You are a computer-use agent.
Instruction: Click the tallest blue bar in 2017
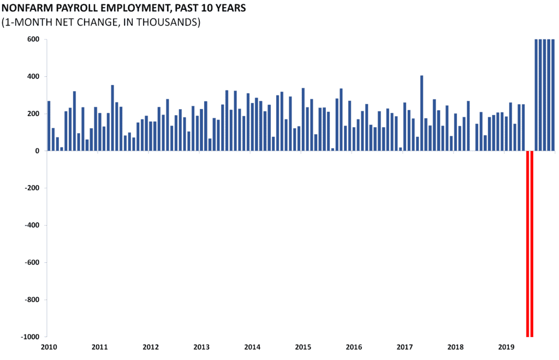click(x=422, y=113)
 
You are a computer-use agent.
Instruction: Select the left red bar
click(x=528, y=244)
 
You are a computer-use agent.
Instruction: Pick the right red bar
click(x=532, y=244)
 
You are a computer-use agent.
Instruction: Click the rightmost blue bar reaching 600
click(x=553, y=95)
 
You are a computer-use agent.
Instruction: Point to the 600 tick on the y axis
click(x=33, y=39)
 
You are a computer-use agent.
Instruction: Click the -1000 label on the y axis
click(x=31, y=337)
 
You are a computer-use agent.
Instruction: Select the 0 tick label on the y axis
click(x=38, y=151)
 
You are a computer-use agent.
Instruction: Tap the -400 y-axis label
click(x=32, y=225)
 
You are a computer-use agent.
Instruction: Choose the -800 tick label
click(x=32, y=300)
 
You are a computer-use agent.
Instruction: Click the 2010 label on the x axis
click(x=49, y=347)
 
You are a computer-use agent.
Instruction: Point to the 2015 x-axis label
click(x=303, y=347)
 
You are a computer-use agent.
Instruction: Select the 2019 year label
click(x=506, y=347)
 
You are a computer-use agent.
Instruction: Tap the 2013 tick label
click(x=201, y=347)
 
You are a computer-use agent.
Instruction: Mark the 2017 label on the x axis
click(x=405, y=347)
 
